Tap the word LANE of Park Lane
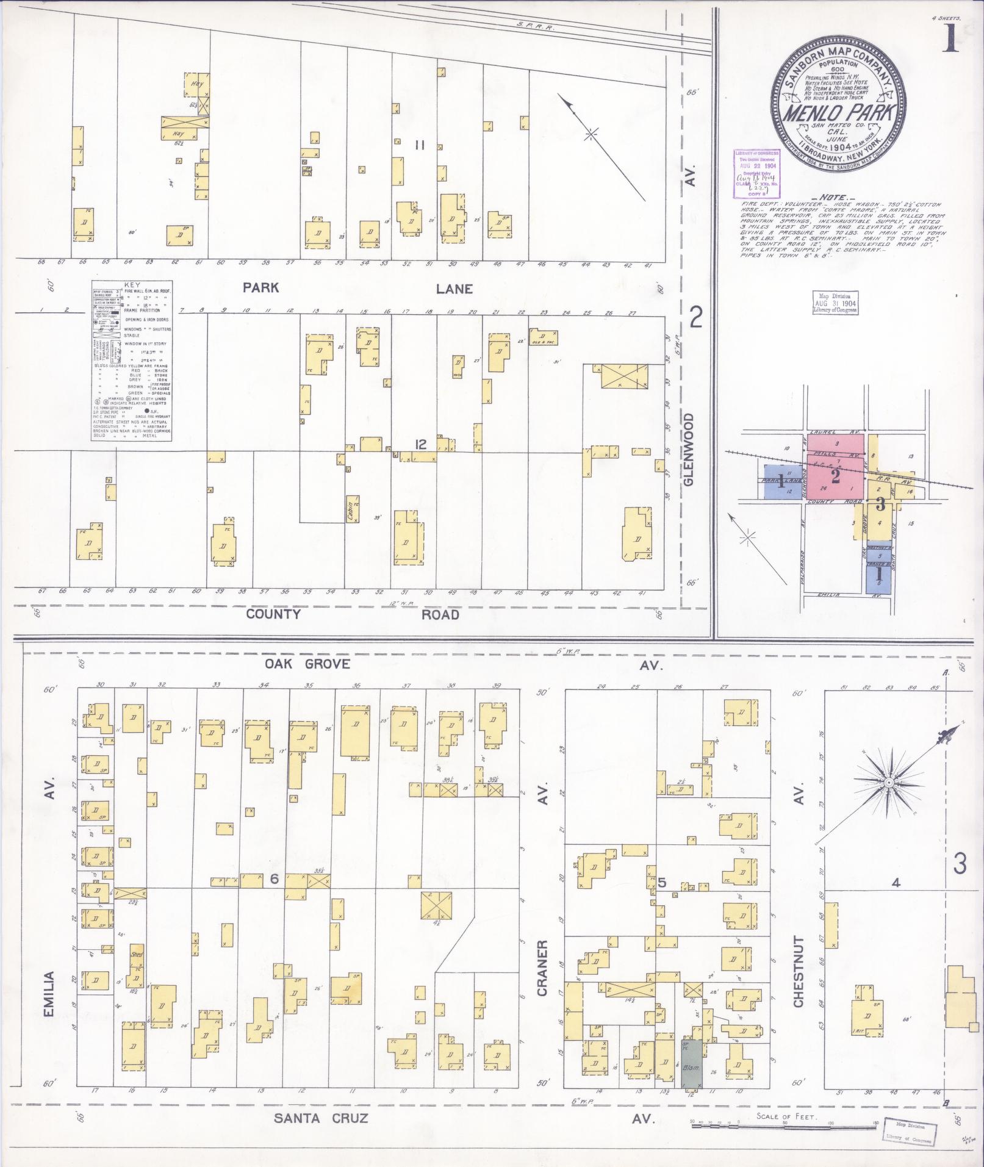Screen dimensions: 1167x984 [x=454, y=289]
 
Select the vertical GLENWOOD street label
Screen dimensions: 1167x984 [x=689, y=449]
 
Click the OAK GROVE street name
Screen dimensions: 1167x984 [x=307, y=664]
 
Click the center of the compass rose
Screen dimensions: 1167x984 [x=889, y=783]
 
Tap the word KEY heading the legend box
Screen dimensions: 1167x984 [x=132, y=285]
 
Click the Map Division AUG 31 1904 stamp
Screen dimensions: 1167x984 [x=835, y=303]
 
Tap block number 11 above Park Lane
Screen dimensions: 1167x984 [x=420, y=145]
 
